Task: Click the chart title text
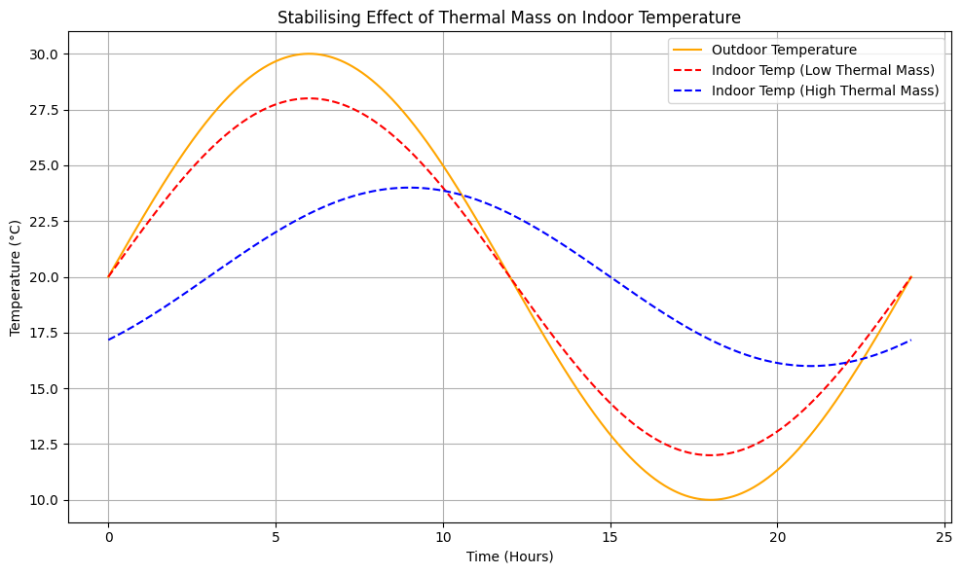pyautogui.click(x=508, y=17)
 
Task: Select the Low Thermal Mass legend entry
pyautogui.click(x=824, y=70)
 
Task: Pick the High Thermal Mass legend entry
pyautogui.click(x=825, y=90)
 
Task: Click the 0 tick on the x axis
pyautogui.click(x=108, y=537)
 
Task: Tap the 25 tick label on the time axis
pyautogui.click(x=944, y=537)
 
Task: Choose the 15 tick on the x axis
pyautogui.click(x=610, y=537)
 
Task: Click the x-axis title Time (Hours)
pyautogui.click(x=508, y=556)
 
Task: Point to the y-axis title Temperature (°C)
pyautogui.click(x=16, y=277)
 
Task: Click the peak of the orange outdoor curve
pyautogui.click(x=310, y=54)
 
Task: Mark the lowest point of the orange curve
pyautogui.click(x=711, y=500)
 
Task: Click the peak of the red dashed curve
pyautogui.click(x=310, y=98)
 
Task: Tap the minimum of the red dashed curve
pyautogui.click(x=711, y=455)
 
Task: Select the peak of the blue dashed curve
pyautogui.click(x=409, y=188)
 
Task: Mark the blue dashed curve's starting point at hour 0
pyautogui.click(x=109, y=340)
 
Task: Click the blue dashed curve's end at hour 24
pyautogui.click(x=910, y=340)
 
